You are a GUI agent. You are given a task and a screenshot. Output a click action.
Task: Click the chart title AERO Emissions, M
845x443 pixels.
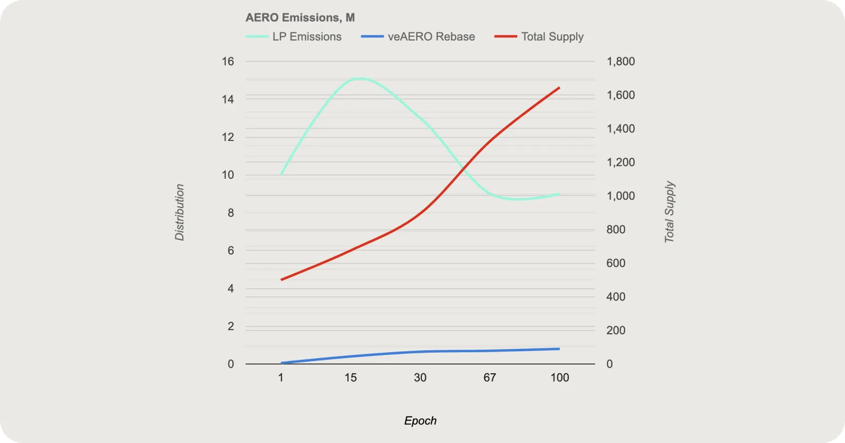300,17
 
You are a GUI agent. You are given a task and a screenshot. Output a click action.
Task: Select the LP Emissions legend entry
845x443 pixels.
294,36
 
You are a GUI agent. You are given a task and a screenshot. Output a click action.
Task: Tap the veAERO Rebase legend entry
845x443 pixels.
418,36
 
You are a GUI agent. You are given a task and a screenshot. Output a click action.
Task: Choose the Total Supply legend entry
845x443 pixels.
539,36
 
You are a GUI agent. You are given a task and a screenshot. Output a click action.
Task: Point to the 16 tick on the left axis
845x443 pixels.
228,61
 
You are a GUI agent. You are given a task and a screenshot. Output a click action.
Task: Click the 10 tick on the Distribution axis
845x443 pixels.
228,175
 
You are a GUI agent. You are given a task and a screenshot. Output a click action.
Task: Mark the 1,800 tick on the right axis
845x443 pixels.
621,61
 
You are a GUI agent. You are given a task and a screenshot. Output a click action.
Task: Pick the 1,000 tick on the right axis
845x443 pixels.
621,196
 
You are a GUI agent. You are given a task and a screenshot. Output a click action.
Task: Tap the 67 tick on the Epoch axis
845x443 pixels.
490,378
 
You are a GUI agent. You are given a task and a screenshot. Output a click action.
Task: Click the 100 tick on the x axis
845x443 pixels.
559,378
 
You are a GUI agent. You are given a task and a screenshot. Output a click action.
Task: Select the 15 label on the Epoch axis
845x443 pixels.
351,378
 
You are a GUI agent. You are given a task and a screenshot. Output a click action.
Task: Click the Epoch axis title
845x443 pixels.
420,421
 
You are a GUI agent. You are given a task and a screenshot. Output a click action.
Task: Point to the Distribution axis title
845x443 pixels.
180,212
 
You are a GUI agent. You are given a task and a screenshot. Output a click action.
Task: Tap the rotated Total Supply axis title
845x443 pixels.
669,212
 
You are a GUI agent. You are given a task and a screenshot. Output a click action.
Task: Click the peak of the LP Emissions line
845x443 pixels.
360,79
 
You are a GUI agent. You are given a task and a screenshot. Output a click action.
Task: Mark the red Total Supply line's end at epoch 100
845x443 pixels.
559,88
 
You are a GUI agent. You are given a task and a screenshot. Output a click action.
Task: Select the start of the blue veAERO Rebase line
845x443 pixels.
281,363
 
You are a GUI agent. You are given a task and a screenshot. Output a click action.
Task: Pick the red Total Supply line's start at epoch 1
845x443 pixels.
281,280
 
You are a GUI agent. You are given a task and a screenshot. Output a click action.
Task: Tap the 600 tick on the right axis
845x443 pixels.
616,263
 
